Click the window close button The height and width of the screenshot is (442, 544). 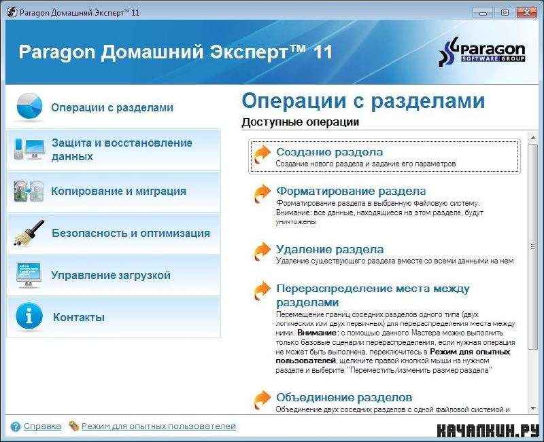527,13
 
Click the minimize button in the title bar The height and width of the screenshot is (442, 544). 483,13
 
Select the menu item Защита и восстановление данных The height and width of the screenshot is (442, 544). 122,149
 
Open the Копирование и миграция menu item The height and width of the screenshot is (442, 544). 118,191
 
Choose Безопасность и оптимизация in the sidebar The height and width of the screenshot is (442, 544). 131,233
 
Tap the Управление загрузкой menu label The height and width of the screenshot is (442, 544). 111,275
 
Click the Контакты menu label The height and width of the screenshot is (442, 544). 79,317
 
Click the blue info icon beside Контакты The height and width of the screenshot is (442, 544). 29,316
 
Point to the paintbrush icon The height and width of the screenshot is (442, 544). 29,233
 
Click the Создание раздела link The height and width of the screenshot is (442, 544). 330,151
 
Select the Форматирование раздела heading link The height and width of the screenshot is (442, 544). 351,191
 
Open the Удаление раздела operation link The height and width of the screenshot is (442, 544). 330,249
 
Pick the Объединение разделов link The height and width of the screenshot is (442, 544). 344,397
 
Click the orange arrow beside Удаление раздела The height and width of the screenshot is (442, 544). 262,251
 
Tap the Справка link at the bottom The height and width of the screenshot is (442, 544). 42,426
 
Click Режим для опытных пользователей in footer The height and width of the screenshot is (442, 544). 158,426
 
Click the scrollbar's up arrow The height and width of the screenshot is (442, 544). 532,139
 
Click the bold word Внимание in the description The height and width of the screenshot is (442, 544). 316,333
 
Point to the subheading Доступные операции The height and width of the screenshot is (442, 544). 300,122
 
